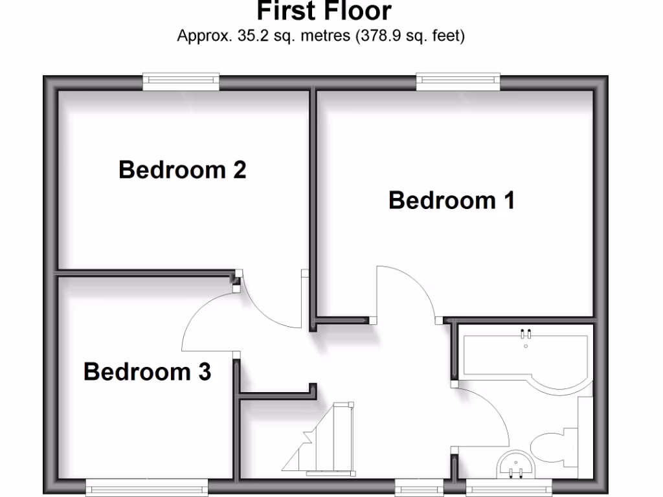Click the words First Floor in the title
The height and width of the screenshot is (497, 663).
pyautogui.click(x=324, y=11)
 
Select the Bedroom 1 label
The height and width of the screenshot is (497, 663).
pyautogui.click(x=451, y=200)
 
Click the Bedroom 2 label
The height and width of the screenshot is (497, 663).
pyautogui.click(x=182, y=170)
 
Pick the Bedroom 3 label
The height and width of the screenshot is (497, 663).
pyautogui.click(x=147, y=371)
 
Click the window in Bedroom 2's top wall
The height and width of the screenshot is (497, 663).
pyautogui.click(x=181, y=81)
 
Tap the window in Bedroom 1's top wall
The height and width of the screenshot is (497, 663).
pyautogui.click(x=458, y=81)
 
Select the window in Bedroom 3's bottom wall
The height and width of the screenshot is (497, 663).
pyautogui.click(x=147, y=487)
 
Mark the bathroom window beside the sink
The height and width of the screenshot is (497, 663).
pyautogui.click(x=509, y=487)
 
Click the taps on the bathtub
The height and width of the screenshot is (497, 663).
pyautogui.click(x=526, y=335)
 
